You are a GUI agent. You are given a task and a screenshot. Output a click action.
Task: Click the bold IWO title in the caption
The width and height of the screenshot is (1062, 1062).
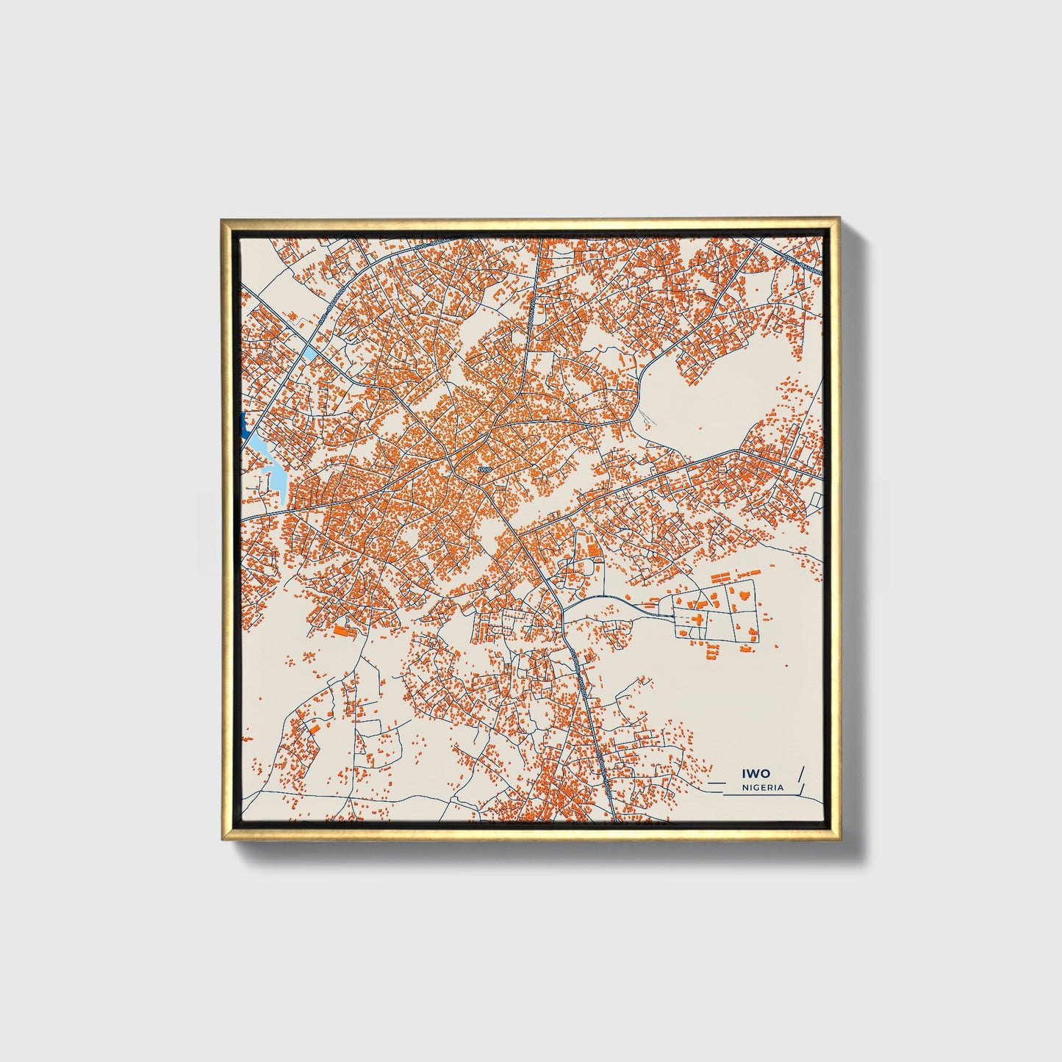coord(756,773)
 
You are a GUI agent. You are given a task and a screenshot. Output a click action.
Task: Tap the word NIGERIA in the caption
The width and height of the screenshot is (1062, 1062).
coord(763,787)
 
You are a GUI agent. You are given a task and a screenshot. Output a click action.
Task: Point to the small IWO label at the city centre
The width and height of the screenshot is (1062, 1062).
coord(483,468)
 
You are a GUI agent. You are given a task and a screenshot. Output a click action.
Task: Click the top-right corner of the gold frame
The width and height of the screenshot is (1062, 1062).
coord(839,219)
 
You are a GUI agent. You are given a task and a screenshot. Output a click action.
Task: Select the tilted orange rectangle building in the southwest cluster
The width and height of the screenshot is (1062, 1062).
coord(313,728)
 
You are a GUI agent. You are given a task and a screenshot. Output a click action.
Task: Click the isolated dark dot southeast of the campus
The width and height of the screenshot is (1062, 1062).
coord(786,666)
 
